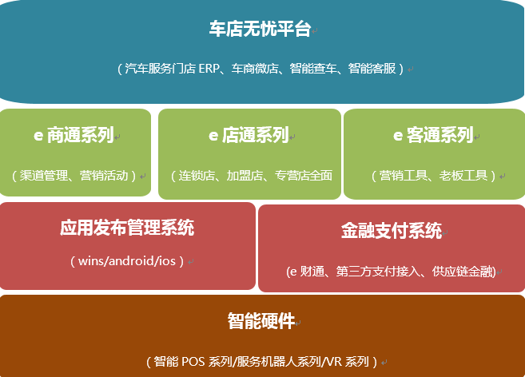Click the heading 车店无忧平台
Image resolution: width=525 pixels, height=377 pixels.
[261, 29]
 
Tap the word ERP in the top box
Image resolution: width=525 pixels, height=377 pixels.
[209, 69]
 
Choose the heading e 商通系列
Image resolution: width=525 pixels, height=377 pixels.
[74, 135]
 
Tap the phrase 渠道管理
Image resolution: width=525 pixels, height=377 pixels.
[43, 176]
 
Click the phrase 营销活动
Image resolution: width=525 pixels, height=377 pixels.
[104, 176]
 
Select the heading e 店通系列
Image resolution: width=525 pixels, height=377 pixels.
[249, 135]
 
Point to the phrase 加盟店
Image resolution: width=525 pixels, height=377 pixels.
[245, 176]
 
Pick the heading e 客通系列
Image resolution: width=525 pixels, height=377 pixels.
[433, 135]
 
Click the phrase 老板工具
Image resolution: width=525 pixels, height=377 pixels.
[463, 176]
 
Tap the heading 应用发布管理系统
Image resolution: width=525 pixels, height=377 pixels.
[127, 228]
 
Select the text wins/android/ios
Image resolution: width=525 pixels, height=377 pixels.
[127, 261]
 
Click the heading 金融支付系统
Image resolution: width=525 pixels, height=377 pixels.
[392, 231]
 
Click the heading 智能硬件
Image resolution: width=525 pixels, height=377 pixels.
[261, 321]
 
